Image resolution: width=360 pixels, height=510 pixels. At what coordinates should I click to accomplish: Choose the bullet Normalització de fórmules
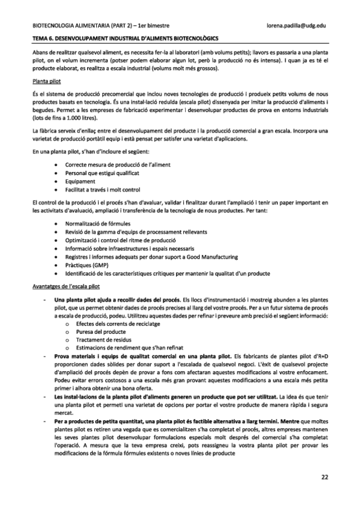point(97,223)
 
